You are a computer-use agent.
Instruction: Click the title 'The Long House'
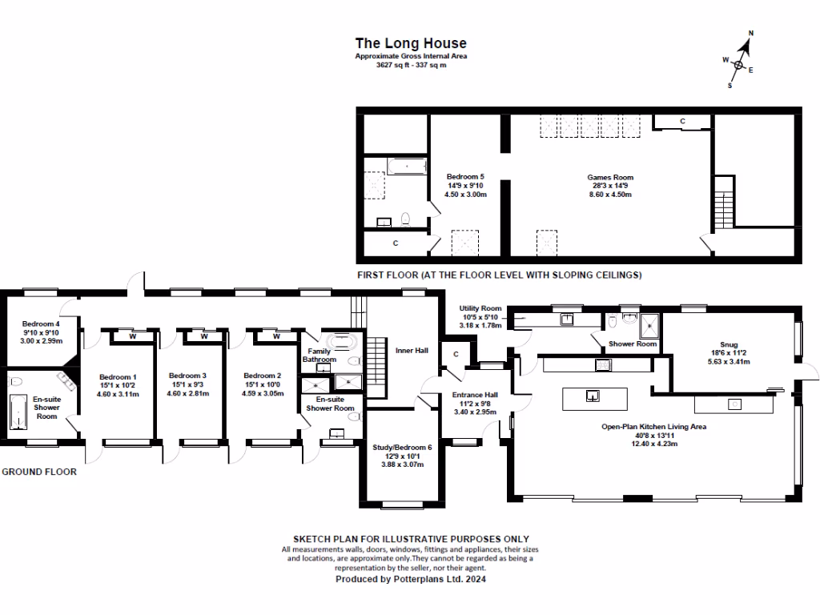pos(410,43)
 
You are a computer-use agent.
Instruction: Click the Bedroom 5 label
pos(465,177)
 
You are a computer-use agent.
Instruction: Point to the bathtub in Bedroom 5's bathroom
pos(409,167)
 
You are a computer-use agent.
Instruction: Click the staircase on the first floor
pos(724,202)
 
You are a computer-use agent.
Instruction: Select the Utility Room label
pos(480,308)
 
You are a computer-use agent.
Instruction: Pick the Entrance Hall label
pos(475,396)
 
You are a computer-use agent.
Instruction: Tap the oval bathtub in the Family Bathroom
pos(344,340)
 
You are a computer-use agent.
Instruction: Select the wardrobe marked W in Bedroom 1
pos(132,336)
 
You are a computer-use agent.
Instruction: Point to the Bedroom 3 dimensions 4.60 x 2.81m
pos(187,394)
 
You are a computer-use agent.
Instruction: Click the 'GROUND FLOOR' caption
pos(39,472)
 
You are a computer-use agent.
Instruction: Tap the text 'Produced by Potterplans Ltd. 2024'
pos(410,578)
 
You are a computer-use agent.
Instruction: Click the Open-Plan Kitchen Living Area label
pos(653,427)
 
